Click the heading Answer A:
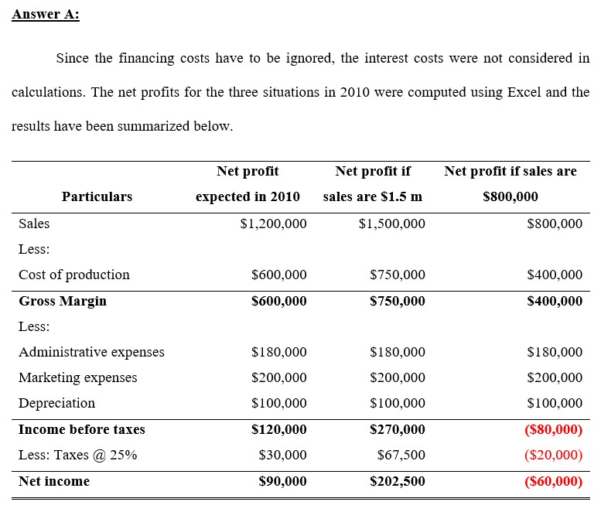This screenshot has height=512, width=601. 46,15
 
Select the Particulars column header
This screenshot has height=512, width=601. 97,196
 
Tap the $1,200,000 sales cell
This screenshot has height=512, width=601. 273,224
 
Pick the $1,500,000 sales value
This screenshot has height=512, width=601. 391,224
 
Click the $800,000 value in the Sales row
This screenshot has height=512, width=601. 554,224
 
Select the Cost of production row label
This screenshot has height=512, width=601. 74,275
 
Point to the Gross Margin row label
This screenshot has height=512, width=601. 63,301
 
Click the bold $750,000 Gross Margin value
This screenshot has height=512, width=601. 397,301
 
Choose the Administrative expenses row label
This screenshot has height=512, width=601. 91,352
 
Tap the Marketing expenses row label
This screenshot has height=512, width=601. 77,377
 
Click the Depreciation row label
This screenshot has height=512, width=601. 56,403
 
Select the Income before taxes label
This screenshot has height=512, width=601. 81,429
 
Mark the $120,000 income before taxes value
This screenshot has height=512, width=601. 278,429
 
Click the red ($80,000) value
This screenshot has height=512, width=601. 553,429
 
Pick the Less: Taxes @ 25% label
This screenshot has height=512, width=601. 77,455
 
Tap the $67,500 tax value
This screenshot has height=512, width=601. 401,455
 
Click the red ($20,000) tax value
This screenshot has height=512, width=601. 553,455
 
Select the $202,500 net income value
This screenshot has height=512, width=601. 397,481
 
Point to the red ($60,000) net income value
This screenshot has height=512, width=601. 553,481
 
